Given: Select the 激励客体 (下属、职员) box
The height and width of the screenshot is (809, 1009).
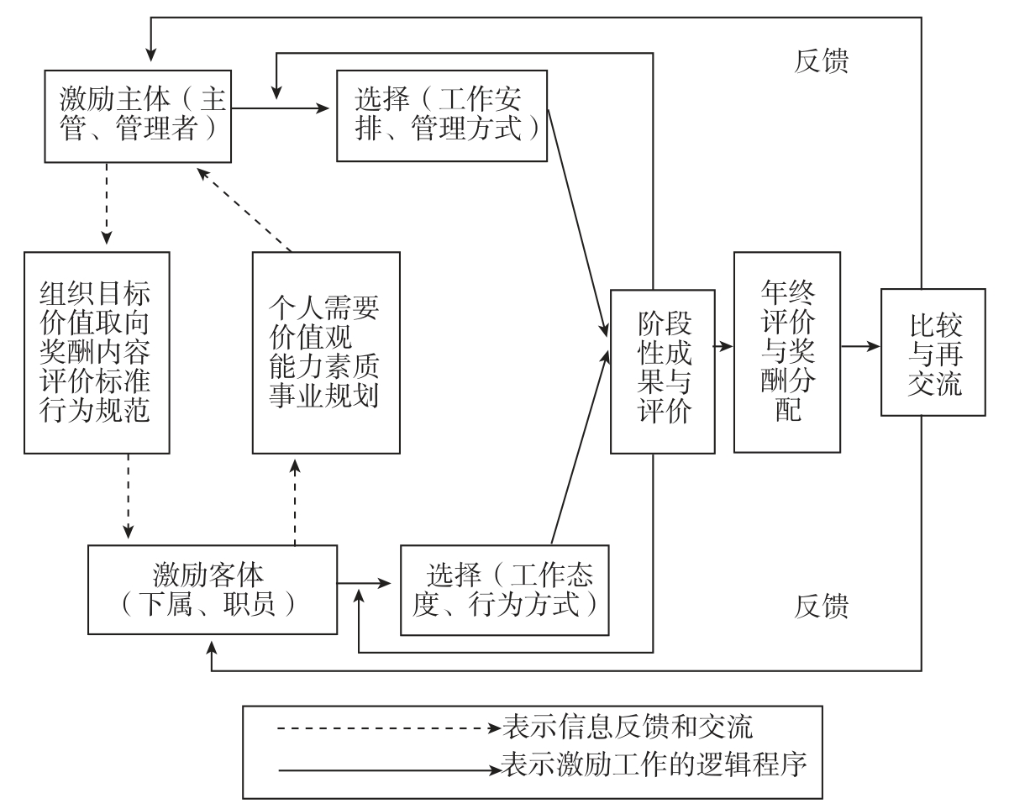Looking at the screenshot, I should pyautogui.click(x=212, y=589).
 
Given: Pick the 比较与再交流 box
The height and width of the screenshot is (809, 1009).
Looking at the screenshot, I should pyautogui.click(x=933, y=351).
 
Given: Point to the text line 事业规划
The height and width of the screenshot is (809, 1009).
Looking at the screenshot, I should pyautogui.click(x=323, y=397).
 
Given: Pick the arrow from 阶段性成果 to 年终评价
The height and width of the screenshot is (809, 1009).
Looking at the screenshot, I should pyautogui.click(x=724, y=345).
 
